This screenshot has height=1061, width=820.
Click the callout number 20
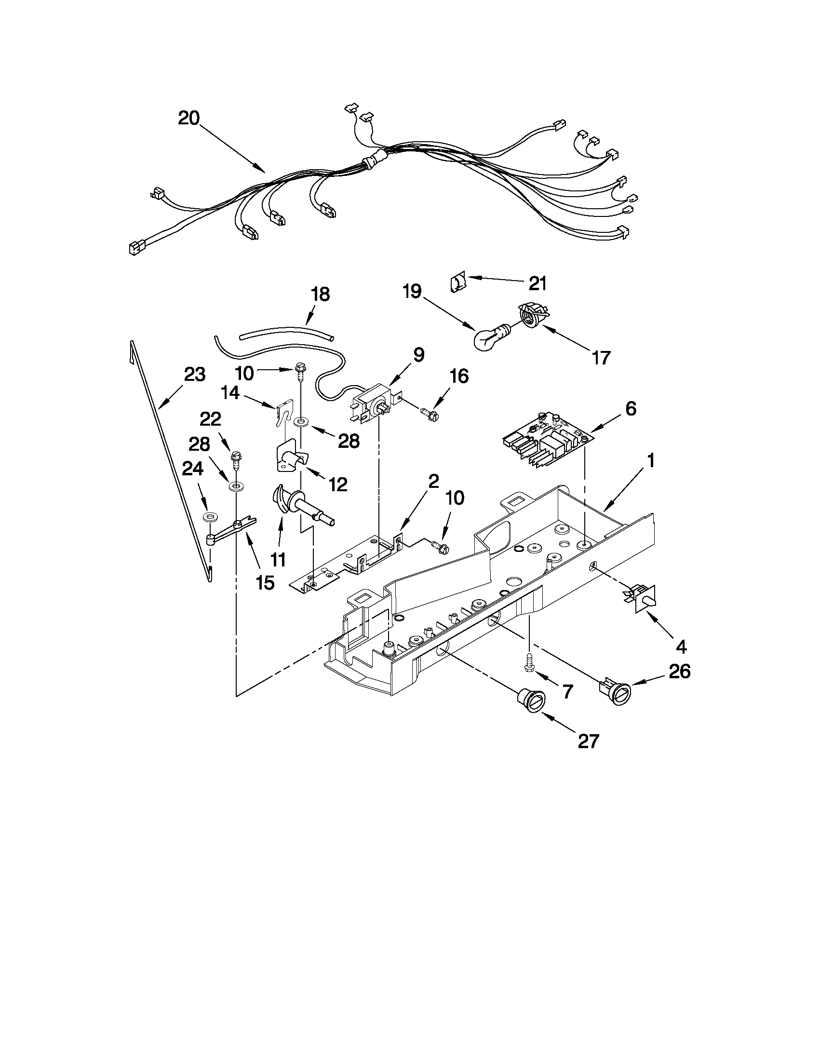(188, 118)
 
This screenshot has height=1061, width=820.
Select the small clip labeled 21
(457, 282)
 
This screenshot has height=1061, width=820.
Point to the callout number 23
(194, 375)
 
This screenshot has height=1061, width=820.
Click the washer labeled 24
(210, 515)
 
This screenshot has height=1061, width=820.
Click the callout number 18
(320, 294)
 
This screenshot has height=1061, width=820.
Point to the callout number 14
(231, 392)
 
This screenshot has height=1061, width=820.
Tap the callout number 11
(278, 560)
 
